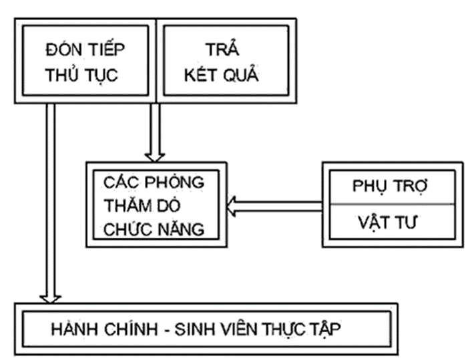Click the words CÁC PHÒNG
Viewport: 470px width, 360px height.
153,182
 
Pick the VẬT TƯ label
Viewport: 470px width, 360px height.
385,222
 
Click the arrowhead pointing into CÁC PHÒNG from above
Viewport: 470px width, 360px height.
156,155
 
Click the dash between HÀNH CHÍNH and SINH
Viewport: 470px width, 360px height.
169,329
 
